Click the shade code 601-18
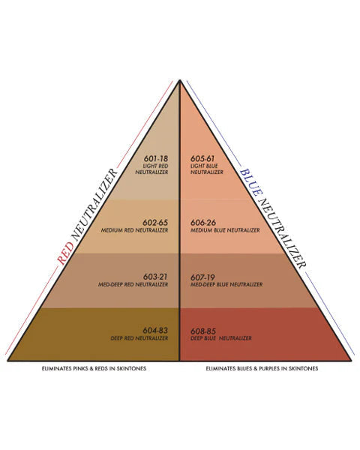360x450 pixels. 155,158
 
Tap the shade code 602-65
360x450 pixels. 155,223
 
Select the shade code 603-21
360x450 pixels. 155,277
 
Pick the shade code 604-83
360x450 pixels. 155,331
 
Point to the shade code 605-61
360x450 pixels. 202,158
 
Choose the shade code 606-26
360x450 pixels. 203,223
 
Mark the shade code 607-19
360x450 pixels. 202,277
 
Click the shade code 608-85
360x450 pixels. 203,331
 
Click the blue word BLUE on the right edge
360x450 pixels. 251,183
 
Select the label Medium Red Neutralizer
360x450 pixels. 134,230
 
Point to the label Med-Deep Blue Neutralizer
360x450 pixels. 226,284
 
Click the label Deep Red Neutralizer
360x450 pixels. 139,338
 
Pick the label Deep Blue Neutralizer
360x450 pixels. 221,338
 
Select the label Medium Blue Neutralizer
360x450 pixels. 225,230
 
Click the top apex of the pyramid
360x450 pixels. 180,80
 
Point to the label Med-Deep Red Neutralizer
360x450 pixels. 133,284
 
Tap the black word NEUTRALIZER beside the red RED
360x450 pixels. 94,205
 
